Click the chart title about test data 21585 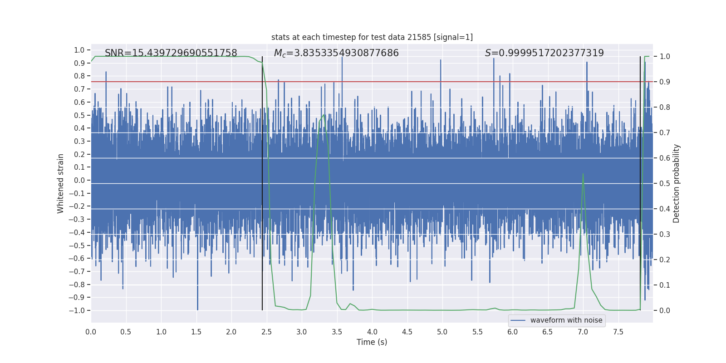pyautogui.click(x=372, y=37)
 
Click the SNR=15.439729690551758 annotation pyautogui.click(x=171, y=53)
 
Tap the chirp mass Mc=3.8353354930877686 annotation pyautogui.click(x=336, y=53)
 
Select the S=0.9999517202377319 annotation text pyautogui.click(x=544, y=53)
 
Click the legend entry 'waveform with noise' pyautogui.click(x=566, y=320)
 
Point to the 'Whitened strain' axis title pyautogui.click(x=61, y=183)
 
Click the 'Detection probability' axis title pyautogui.click(x=677, y=183)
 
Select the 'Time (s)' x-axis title pyautogui.click(x=372, y=342)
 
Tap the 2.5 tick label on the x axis pyautogui.click(x=266, y=332)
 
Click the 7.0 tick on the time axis pyautogui.click(x=583, y=332)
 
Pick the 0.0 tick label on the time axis pyautogui.click(x=91, y=332)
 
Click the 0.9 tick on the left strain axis pyautogui.click(x=79, y=63)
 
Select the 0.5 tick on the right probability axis pyautogui.click(x=665, y=183)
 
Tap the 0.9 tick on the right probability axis pyautogui.click(x=665, y=82)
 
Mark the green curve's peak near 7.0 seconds pyautogui.click(x=583, y=174)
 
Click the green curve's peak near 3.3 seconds pyautogui.click(x=324, y=115)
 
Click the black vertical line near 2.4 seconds pyautogui.click(x=262, y=181)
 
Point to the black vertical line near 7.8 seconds pyautogui.click(x=640, y=181)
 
